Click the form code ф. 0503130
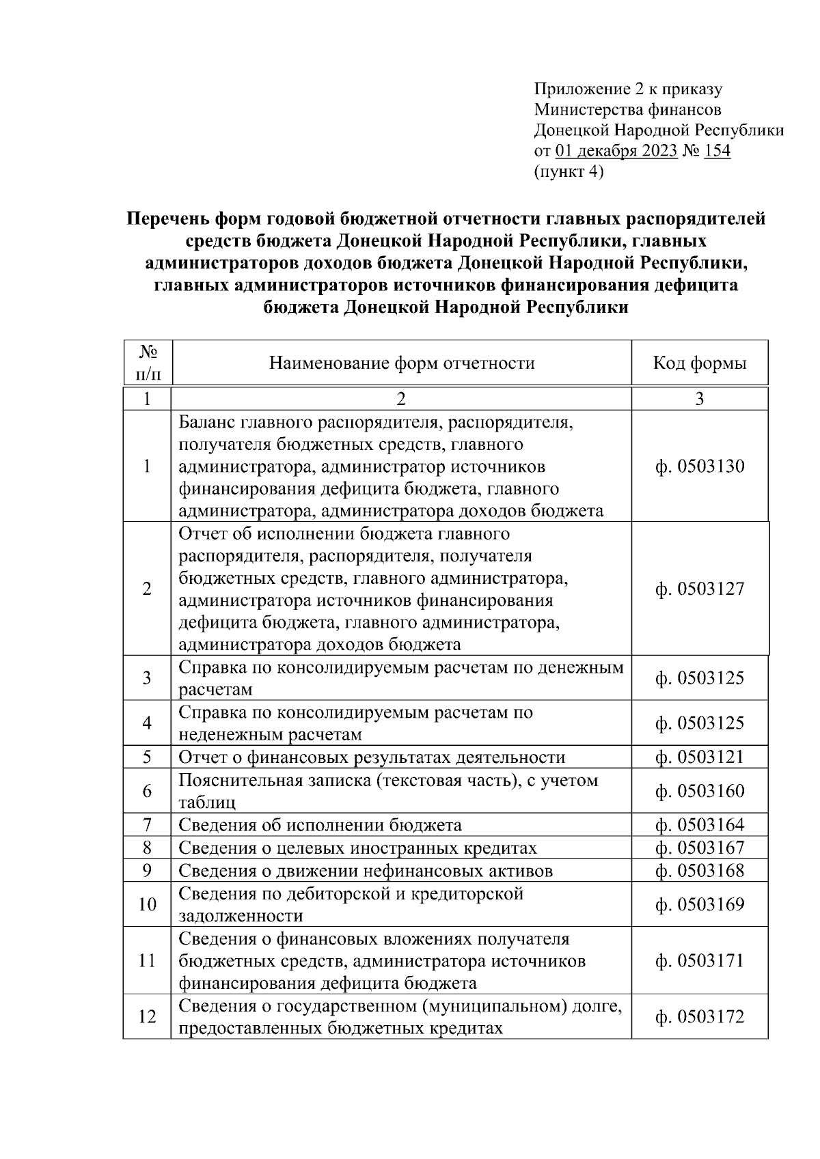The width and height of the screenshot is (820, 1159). coord(699,467)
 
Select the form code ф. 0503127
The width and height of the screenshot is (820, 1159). coord(699,589)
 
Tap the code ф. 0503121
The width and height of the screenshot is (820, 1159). coord(699,757)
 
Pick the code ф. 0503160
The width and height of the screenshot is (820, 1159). coord(699,791)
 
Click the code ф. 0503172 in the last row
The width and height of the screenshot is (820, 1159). coord(699,1017)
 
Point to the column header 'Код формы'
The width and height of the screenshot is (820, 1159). coord(699,363)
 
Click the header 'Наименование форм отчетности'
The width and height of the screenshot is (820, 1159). coord(401,363)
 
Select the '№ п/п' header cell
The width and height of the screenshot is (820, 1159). coord(148,363)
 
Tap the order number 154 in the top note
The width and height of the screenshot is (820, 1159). coord(717,151)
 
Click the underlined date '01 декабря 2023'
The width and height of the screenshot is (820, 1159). coord(617,151)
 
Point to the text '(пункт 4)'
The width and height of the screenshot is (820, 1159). coord(568,172)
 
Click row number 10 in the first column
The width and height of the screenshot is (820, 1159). coord(148,904)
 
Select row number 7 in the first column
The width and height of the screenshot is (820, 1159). coord(148,824)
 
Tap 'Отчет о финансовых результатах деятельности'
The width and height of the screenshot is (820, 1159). coord(372,757)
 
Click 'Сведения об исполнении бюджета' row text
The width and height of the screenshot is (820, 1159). coord(320,825)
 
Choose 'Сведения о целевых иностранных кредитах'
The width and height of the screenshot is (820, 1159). coord(357,848)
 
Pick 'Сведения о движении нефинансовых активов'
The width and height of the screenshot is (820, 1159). coord(366,871)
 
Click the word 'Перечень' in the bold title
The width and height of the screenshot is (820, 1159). coord(167,219)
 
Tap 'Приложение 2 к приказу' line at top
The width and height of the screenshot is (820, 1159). coord(627,89)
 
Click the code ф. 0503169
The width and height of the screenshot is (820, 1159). coord(699,904)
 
